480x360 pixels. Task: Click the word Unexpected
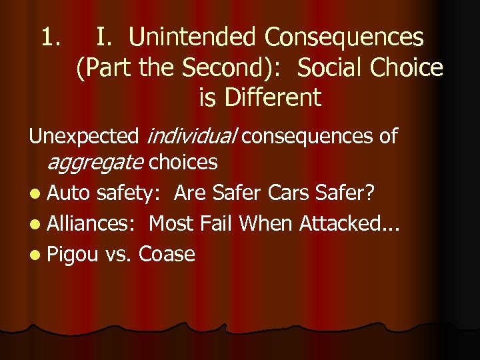(83, 137)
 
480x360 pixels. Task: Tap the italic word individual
(190, 137)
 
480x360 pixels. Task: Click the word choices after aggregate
(183, 161)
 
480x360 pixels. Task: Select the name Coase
(167, 254)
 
